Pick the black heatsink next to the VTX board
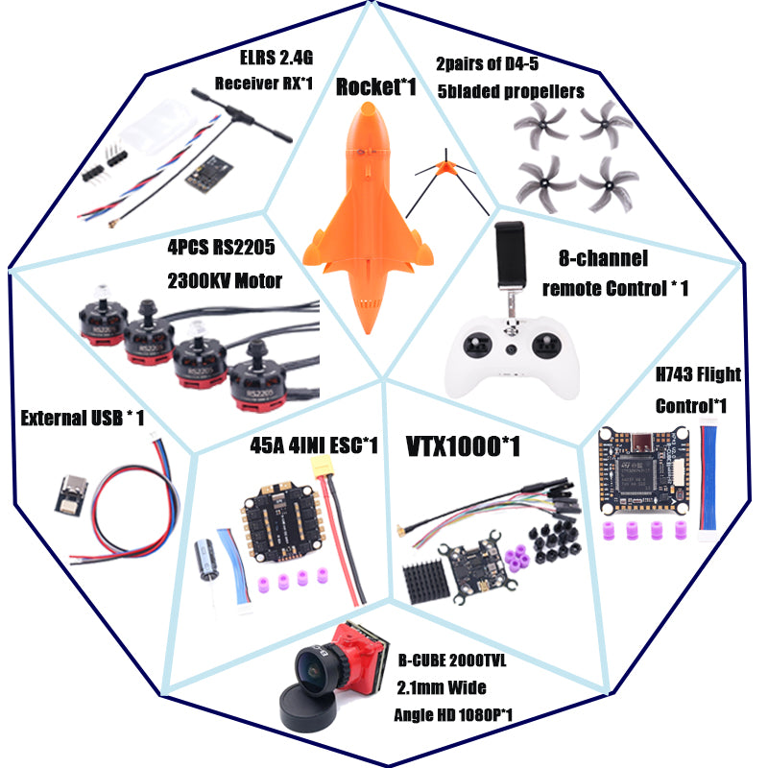[x=430, y=579]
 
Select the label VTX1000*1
[x=458, y=445]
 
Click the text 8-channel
[x=603, y=259]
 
